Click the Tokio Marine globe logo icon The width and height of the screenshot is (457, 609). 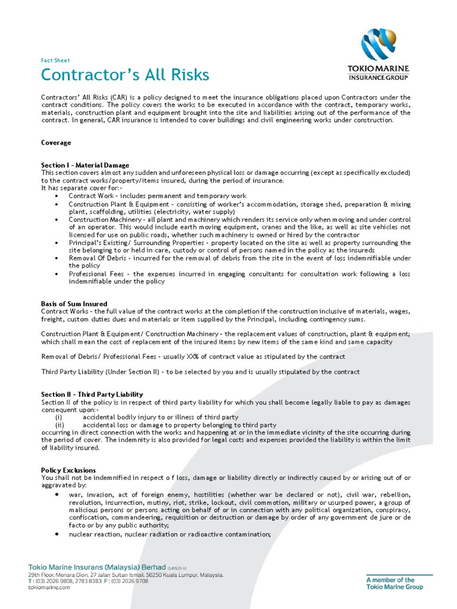[378, 45]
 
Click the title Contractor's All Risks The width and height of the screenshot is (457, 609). [125, 75]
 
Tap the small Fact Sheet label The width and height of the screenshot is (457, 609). [55, 60]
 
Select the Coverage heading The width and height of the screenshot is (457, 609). [56, 143]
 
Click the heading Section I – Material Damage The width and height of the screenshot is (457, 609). [85, 165]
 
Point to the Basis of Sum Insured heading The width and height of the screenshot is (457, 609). [74, 304]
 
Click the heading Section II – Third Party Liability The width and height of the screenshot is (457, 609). [92, 394]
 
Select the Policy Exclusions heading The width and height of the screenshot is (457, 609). [68, 470]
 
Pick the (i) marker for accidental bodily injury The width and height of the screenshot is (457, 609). [59, 417]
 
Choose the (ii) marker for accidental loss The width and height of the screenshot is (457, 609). [60, 425]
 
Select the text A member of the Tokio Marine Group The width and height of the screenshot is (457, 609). [395, 583]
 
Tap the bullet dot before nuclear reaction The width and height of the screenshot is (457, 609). [57, 534]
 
